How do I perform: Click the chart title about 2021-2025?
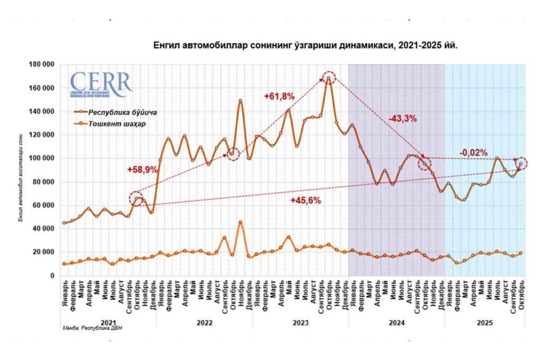(305, 46)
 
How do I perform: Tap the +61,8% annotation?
(279, 96)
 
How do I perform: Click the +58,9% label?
(140, 170)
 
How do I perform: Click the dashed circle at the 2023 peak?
(329, 78)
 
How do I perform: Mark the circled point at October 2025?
(521, 163)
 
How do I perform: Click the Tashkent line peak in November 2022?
(240, 222)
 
